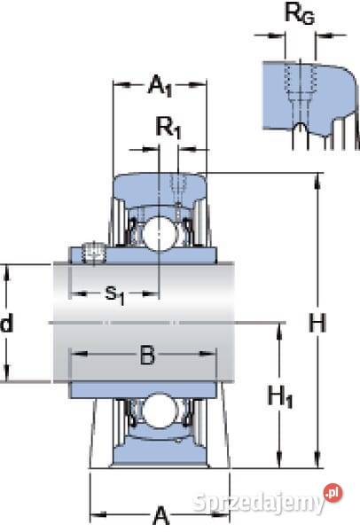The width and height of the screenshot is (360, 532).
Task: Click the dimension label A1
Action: pyautogui.click(x=159, y=86)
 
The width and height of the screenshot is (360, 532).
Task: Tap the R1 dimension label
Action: pyautogui.click(x=167, y=128)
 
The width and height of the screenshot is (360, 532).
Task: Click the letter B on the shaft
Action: pyautogui.click(x=147, y=357)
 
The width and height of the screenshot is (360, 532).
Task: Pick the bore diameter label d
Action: pyautogui.click(x=7, y=324)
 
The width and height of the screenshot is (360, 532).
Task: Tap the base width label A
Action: pyautogui.click(x=160, y=515)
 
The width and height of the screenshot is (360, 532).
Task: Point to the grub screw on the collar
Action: pyautogui.click(x=91, y=254)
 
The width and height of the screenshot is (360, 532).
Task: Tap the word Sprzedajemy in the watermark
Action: pyautogui.click(x=257, y=503)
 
